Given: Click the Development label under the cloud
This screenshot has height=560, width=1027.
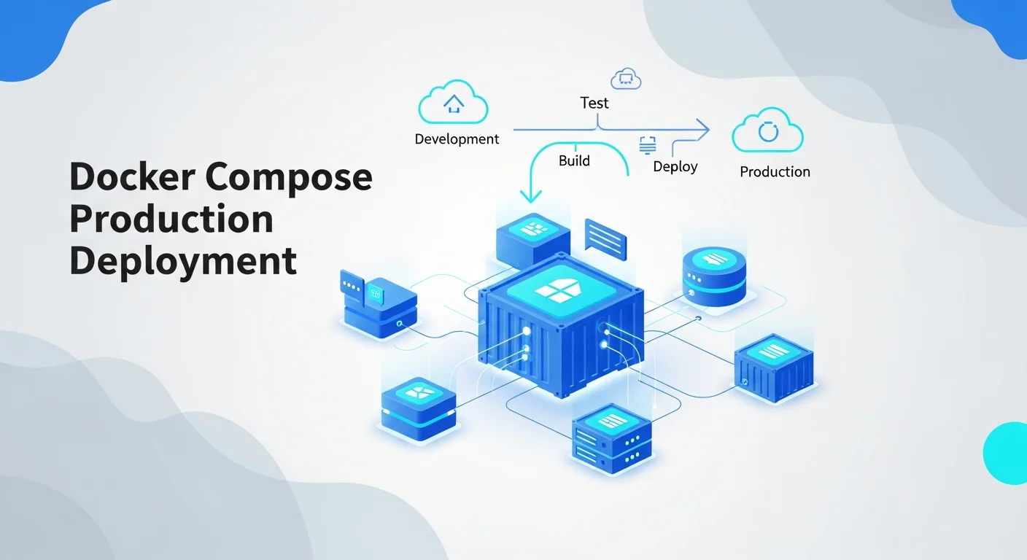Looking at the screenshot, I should click(x=457, y=139).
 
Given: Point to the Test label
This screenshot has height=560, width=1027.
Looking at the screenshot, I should click(x=594, y=103).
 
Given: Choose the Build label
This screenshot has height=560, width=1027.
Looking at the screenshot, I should click(x=574, y=160).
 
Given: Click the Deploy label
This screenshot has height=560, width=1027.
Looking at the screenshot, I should click(x=675, y=167).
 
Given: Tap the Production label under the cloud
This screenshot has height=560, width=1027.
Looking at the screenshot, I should click(x=775, y=172).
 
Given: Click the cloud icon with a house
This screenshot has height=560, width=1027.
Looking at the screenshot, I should click(x=453, y=104).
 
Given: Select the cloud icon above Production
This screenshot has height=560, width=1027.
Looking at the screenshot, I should click(x=767, y=132).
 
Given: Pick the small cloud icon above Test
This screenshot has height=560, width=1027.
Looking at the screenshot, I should click(x=625, y=77).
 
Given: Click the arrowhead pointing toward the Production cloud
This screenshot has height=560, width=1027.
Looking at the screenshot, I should click(x=702, y=130).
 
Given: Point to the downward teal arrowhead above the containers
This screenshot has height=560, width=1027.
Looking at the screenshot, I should click(x=530, y=195).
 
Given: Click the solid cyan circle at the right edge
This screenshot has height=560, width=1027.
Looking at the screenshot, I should click(x=1007, y=453).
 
